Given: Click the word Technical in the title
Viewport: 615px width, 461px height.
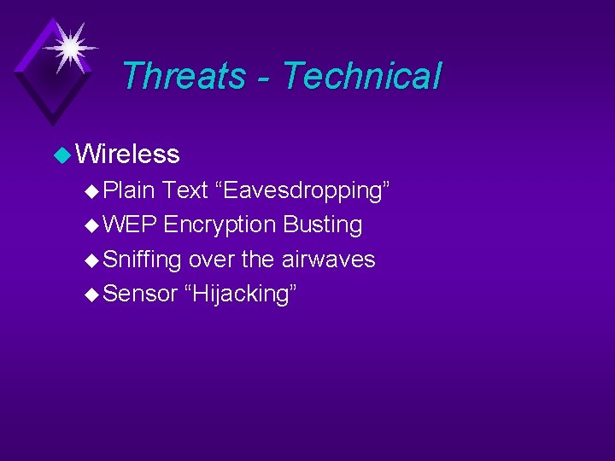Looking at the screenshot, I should click(x=361, y=75).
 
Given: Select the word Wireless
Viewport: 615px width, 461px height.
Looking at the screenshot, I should click(x=127, y=154).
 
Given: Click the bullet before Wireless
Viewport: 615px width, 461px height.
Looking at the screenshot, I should click(x=61, y=155).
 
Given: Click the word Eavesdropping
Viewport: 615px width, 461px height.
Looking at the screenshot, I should click(x=304, y=190).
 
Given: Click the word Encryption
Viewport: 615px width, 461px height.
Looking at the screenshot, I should click(x=220, y=225).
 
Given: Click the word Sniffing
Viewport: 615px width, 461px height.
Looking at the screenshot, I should click(x=142, y=260).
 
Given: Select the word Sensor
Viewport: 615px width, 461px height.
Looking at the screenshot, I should click(x=138, y=294).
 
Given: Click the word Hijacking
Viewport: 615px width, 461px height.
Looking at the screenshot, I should click(x=240, y=294).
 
